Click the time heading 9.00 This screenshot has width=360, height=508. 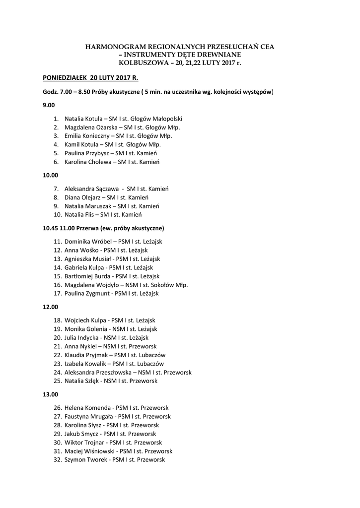49,105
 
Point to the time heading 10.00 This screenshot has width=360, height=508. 50,175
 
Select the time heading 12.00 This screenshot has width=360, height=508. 50,307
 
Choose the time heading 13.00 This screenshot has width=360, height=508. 50,394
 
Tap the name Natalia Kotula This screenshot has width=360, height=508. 83,119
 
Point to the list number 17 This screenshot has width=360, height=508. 57,294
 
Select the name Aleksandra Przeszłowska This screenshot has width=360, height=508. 98,372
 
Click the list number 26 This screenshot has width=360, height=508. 57,408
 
